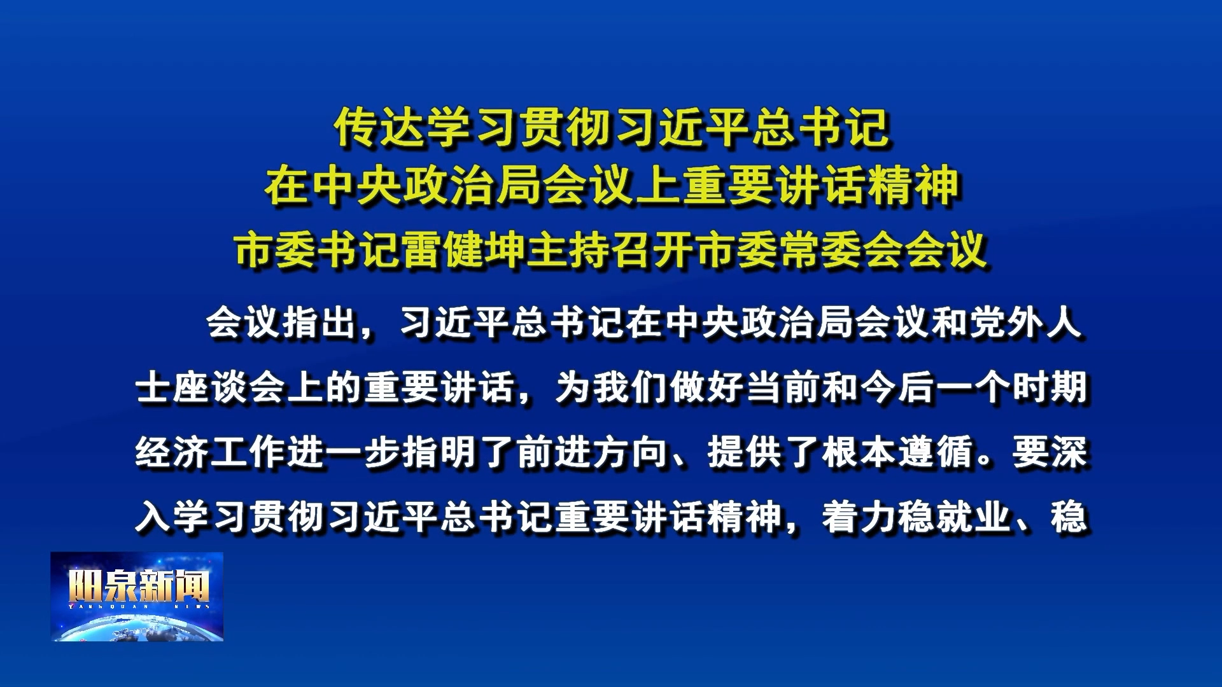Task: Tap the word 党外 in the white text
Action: tap(1008, 323)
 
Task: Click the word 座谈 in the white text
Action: tap(211, 387)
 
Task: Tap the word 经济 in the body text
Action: tap(172, 452)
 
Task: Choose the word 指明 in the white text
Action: tap(440, 452)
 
